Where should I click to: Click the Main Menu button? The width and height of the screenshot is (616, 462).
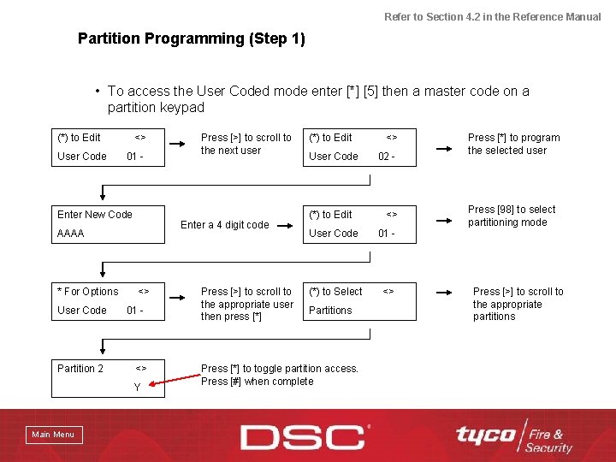(53, 435)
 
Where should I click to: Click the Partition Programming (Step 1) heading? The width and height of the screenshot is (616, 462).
(191, 38)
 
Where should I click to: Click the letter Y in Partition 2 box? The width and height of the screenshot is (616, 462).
(137, 388)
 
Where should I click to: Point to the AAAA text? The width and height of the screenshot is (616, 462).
(71, 233)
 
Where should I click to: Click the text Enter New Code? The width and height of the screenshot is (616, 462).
(95, 215)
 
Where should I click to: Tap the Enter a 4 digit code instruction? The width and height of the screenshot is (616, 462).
(224, 225)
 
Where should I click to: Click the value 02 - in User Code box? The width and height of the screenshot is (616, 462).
(386, 157)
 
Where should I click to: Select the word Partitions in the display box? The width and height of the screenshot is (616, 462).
(330, 311)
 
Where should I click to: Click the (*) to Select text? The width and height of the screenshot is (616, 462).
(335, 292)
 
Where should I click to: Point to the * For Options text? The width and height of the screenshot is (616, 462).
(88, 292)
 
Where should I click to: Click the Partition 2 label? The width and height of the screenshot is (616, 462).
(80, 369)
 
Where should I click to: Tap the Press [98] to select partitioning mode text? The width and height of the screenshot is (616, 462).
(511, 216)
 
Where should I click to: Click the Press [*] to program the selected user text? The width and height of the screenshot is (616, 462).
(513, 144)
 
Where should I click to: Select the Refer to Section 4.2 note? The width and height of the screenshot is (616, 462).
(492, 16)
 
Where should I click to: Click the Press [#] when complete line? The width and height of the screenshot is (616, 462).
(257, 382)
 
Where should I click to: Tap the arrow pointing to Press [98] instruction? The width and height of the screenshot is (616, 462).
(447, 221)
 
